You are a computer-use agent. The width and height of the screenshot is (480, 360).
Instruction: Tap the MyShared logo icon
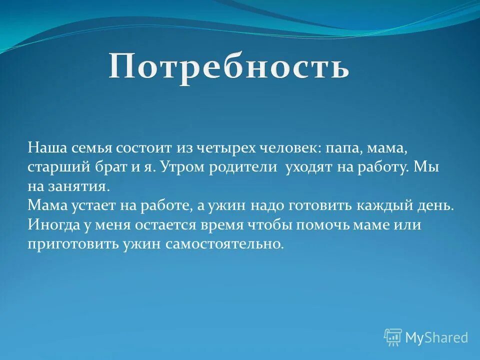pyautogui.click(x=393, y=337)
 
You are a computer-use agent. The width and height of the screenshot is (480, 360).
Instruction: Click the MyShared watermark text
pyautogui.click(x=436, y=338)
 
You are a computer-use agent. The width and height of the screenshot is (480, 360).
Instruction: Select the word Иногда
pyautogui.click(x=53, y=225)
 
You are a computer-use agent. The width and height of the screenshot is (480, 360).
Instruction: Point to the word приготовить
pyautogui.click(x=74, y=244)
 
